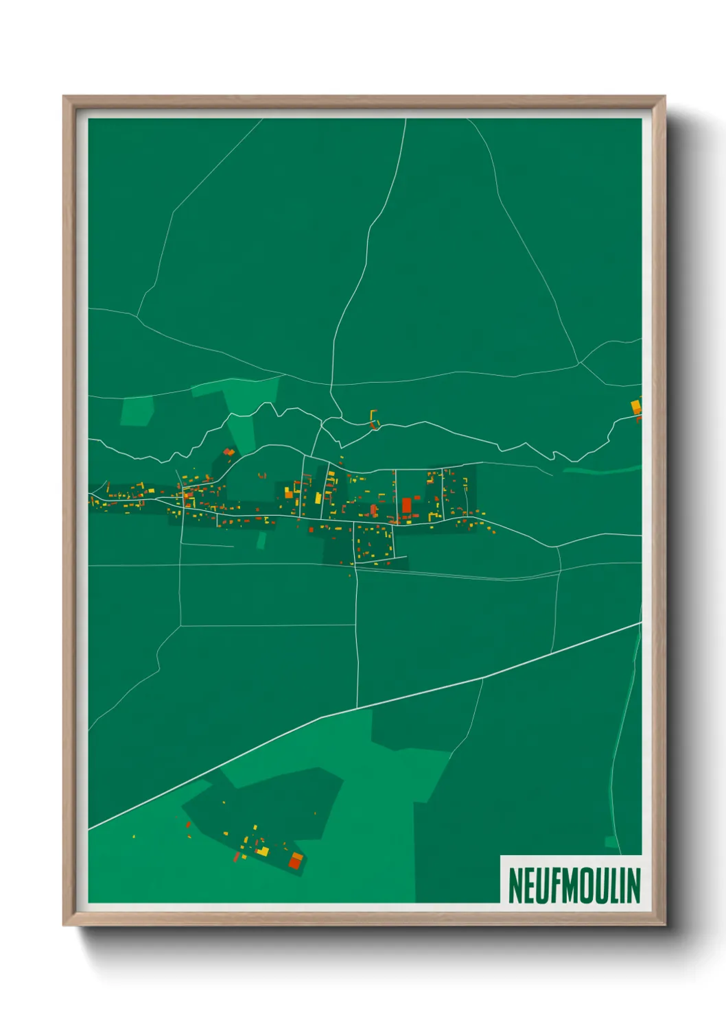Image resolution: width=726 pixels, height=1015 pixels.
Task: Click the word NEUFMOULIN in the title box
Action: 574,885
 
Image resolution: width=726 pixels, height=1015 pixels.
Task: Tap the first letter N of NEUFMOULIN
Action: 515,885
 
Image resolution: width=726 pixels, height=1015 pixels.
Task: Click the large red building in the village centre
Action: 406,505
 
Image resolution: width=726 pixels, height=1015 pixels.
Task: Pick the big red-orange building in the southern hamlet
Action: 295,861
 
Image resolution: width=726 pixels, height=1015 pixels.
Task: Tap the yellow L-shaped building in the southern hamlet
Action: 263,851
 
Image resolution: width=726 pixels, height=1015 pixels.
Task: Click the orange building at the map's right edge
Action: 636,407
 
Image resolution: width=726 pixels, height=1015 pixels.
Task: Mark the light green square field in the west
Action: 137,411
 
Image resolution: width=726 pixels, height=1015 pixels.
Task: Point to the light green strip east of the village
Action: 604,470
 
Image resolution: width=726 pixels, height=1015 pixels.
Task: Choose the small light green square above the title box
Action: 611,841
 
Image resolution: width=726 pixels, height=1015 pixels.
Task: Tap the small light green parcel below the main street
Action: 261,540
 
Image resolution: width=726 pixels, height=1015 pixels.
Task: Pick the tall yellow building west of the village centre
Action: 319,497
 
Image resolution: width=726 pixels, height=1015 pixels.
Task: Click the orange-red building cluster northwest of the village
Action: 229,452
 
